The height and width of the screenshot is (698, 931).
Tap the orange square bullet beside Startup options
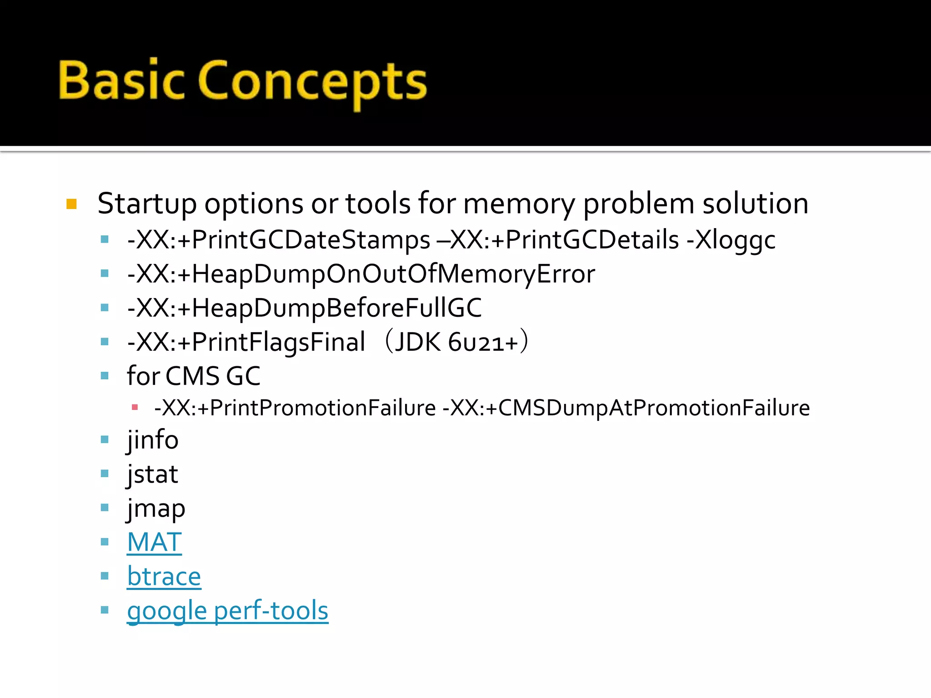[x=72, y=204]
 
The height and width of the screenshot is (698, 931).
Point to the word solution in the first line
[x=755, y=204]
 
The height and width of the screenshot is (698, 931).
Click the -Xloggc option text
[x=731, y=240]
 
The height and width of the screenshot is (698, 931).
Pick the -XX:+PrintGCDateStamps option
[x=279, y=240]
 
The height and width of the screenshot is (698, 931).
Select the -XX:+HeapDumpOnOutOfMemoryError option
[x=361, y=274]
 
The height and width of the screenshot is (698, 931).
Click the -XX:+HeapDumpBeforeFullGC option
[x=304, y=308]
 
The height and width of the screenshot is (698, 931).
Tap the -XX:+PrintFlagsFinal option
[x=246, y=342]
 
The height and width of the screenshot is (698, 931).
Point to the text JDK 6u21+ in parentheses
[x=456, y=342]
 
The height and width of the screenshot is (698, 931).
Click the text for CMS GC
[x=194, y=376]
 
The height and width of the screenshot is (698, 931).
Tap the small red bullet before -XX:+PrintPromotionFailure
[x=135, y=408]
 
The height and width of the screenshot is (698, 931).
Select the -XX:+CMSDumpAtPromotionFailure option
[x=626, y=408]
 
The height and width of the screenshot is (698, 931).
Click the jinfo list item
[x=153, y=440]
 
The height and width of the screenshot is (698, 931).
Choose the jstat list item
[x=152, y=474]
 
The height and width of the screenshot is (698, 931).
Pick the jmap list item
[x=156, y=509]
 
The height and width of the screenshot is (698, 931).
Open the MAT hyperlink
[x=155, y=542]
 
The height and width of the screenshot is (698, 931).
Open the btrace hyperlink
[x=164, y=576]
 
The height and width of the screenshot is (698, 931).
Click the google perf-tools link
[x=227, y=610]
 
